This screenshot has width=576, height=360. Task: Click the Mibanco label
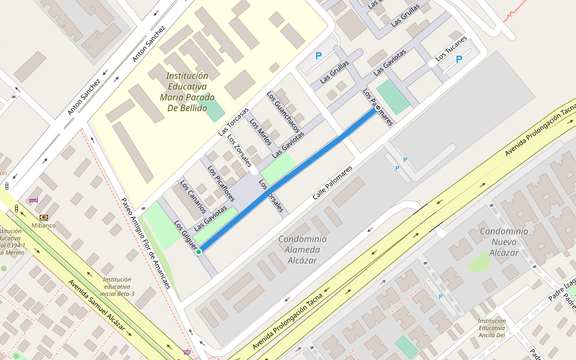pyautogui.click(x=43, y=226)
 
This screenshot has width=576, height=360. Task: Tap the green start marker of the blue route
pyautogui.click(x=198, y=252)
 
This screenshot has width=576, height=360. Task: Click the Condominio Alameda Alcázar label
pyautogui.click(x=302, y=249)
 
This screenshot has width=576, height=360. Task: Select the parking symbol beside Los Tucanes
pyautogui.click(x=459, y=59)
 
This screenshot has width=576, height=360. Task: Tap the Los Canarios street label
pyautogui.click(x=194, y=197)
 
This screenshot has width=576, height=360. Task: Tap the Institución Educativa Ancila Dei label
pyautogui.click(x=491, y=328)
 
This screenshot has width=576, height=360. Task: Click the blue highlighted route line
pyautogui.click(x=288, y=179)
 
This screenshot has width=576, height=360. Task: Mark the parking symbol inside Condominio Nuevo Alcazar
pyautogui.click(x=441, y=296)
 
